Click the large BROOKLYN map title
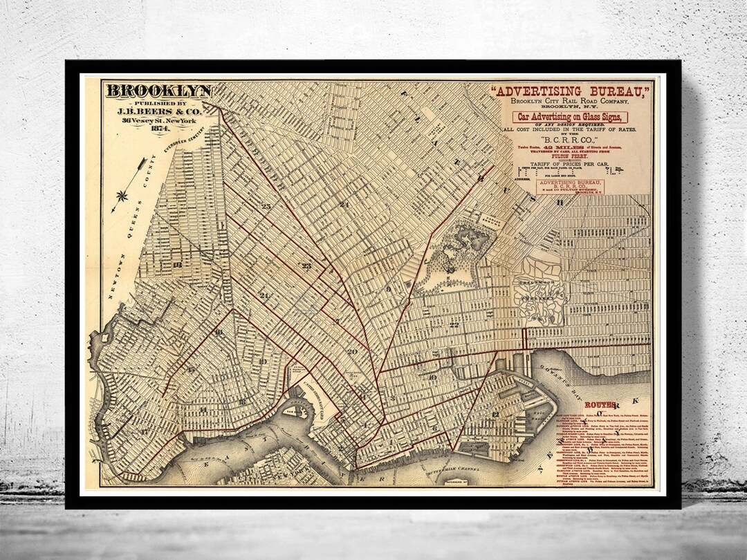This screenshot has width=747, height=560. (x=158, y=91)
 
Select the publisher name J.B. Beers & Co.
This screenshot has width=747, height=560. (x=158, y=109)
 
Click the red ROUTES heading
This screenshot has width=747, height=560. (x=599, y=405)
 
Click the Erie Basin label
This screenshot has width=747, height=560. (x=534, y=415)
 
